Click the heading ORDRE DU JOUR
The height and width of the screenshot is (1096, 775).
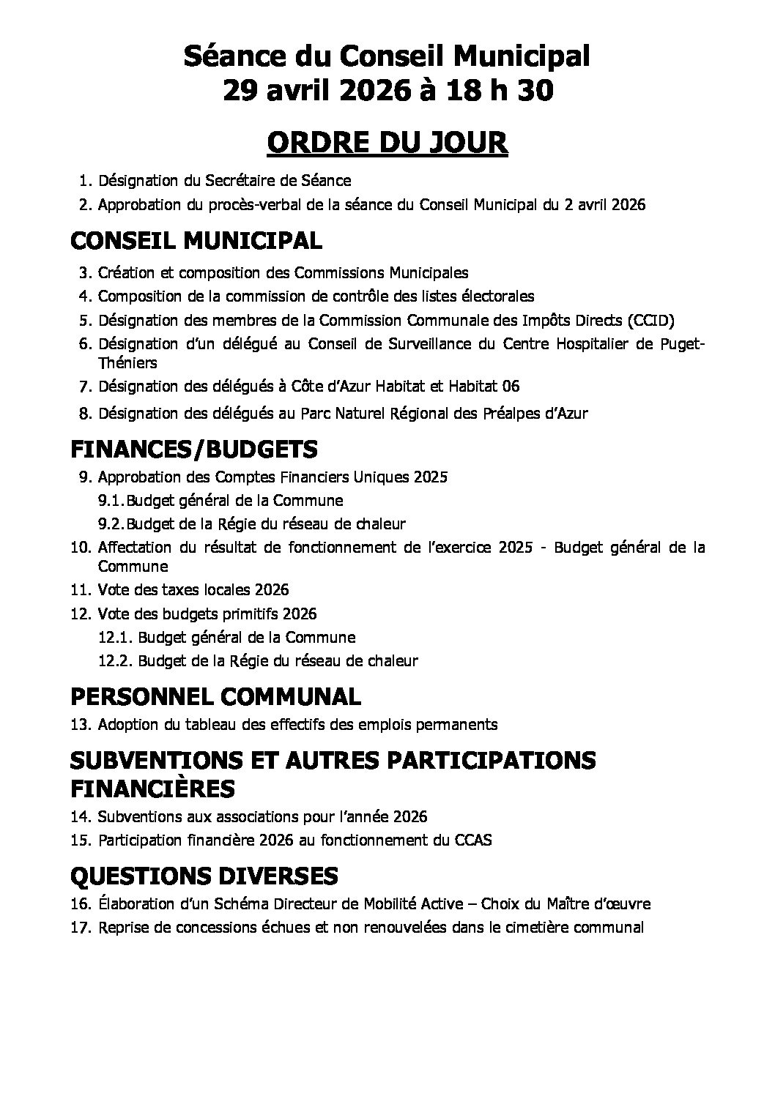387,143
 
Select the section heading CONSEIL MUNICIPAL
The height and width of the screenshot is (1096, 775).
196,240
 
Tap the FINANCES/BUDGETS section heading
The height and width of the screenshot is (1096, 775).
193,447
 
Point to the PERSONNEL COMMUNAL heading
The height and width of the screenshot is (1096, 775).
215,696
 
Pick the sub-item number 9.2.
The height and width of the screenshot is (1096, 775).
111,524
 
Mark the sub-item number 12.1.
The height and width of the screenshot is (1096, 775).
116,637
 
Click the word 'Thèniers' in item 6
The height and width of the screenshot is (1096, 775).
127,362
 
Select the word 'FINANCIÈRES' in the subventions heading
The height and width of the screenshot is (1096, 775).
152,789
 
